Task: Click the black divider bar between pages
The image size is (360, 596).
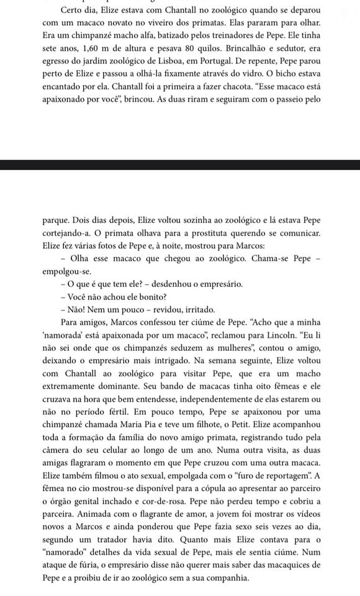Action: click(180, 165)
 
